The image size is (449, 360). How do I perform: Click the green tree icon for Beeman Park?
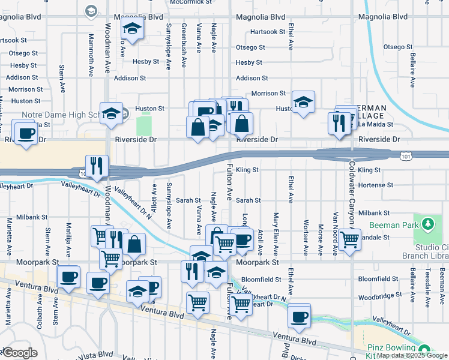427,224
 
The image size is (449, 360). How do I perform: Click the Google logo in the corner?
20,353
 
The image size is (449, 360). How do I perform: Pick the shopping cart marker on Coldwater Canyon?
349,239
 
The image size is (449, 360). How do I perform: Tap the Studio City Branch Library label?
431,251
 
